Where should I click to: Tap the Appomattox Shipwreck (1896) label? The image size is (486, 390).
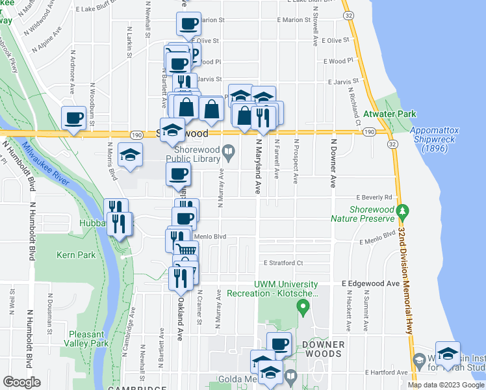coord(435,139)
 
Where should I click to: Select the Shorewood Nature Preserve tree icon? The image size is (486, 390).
coord(403,211)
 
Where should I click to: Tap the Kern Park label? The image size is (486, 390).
coord(76,255)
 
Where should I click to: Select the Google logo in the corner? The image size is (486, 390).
coord(22,382)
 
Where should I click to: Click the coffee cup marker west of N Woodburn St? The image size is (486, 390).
coord(73,118)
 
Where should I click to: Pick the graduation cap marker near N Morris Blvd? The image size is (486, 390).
coord(130,155)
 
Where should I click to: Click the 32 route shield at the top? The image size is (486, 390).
coord(349,15)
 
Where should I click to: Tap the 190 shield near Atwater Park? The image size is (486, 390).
coord(368,132)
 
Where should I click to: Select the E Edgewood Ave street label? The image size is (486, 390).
coord(370,284)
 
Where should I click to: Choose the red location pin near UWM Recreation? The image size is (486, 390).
coord(302,304)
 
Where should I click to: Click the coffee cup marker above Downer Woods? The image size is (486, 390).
coord(279,343)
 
